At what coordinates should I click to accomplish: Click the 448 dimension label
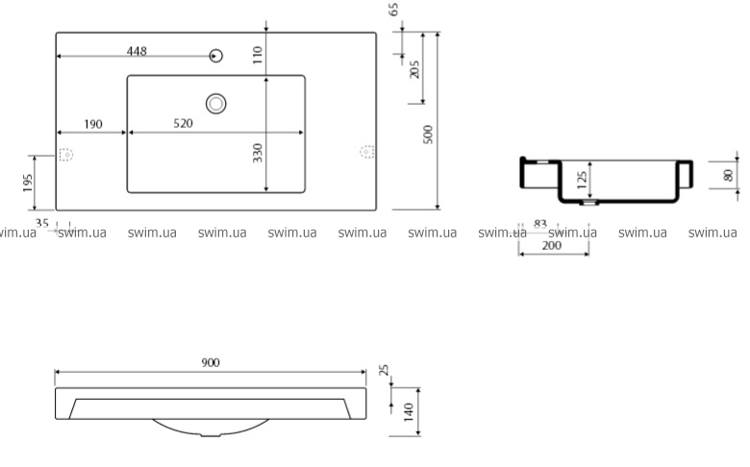137,51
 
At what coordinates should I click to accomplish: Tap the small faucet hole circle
216,56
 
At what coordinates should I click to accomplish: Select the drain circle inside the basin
215,103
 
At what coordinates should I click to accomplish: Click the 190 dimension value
93,124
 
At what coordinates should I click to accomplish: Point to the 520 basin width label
183,123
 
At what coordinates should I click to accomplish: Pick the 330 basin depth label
258,153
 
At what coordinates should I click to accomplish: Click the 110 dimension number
258,55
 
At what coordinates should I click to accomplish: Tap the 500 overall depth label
428,135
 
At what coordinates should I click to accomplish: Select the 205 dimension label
414,69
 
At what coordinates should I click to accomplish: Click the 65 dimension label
393,9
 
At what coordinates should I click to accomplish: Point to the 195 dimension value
27,184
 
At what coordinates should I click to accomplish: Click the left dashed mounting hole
66,155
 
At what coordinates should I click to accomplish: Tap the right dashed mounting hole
367,152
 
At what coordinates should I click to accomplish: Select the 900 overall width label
211,363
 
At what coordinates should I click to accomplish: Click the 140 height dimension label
408,412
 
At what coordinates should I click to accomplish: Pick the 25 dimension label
384,370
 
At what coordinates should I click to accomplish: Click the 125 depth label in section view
582,181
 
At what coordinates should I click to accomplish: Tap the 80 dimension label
728,176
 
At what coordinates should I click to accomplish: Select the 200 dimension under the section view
552,246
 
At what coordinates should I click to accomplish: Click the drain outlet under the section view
589,203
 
